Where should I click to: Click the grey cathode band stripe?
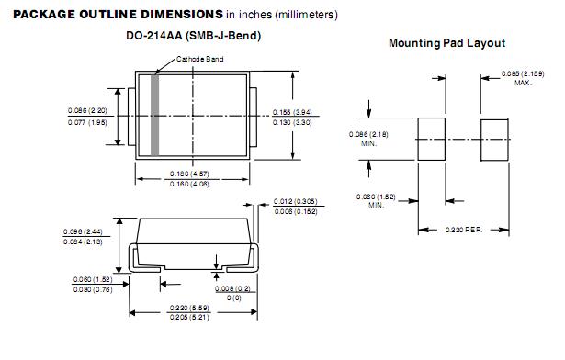click(155, 116)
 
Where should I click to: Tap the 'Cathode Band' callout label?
click(200, 59)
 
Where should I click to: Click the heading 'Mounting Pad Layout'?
click(446, 43)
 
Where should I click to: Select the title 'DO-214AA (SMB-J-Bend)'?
click(194, 36)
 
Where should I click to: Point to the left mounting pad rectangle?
click(431, 139)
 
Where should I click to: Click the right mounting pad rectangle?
click(494, 141)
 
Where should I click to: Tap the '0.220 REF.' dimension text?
click(463, 230)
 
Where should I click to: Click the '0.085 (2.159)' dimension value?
click(523, 73)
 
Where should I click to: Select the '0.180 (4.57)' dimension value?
click(189, 174)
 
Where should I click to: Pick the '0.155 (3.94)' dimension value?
click(292, 112)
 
